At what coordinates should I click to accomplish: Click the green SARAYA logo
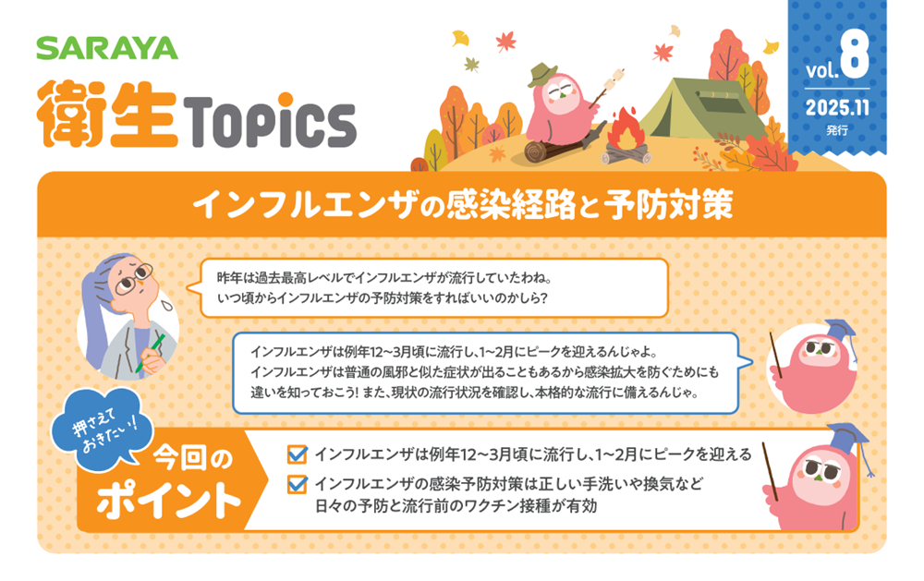pyautogui.click(x=106, y=48)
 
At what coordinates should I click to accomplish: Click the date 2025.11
pyautogui.click(x=837, y=108)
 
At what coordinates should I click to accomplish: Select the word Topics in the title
pyautogui.click(x=271, y=122)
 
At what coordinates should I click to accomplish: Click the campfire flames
pyautogui.click(x=626, y=129)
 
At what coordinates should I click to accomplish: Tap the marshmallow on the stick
pyautogui.click(x=617, y=76)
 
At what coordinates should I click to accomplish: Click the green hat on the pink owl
pyautogui.click(x=542, y=75)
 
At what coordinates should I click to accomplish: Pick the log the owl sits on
pyautogui.click(x=551, y=149)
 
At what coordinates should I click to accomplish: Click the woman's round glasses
pyautogui.click(x=133, y=279)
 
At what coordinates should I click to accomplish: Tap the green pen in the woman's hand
pyautogui.click(x=150, y=352)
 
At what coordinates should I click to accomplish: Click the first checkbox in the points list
pyautogui.click(x=297, y=454)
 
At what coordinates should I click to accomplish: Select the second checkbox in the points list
pyautogui.click(x=297, y=484)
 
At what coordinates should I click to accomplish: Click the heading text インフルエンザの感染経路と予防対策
pyautogui.click(x=463, y=205)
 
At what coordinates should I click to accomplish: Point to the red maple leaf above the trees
pyautogui.click(x=505, y=42)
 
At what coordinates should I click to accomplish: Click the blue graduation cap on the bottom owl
pyautogui.click(x=846, y=439)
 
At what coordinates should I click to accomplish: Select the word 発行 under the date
pyautogui.click(x=837, y=129)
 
